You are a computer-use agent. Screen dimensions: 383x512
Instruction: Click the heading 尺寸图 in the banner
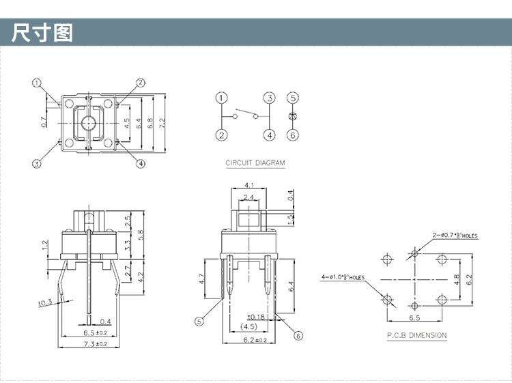42,33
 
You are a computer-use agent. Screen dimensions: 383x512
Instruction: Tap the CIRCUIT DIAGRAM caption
255,163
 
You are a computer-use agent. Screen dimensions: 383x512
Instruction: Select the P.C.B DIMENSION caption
416,335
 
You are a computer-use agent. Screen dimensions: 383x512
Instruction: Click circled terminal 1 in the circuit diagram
221,98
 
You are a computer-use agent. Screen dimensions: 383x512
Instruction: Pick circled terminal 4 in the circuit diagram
270,135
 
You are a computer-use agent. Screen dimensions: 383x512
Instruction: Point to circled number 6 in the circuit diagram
293,135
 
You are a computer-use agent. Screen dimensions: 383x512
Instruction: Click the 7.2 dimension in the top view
162,124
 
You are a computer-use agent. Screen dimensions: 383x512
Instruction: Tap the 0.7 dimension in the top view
44,123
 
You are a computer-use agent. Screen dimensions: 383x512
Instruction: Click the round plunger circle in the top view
89,124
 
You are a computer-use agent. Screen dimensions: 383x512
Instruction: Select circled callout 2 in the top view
140,83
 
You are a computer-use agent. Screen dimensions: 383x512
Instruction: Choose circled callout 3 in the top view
37,163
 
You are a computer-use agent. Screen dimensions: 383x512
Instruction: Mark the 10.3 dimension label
45,303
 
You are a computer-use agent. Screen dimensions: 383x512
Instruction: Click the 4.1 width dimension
248,185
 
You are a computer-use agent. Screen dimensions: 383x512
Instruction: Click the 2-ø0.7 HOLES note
455,236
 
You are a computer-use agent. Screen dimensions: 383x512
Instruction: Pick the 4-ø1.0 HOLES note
343,277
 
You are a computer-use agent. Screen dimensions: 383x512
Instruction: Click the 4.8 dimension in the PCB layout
457,279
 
